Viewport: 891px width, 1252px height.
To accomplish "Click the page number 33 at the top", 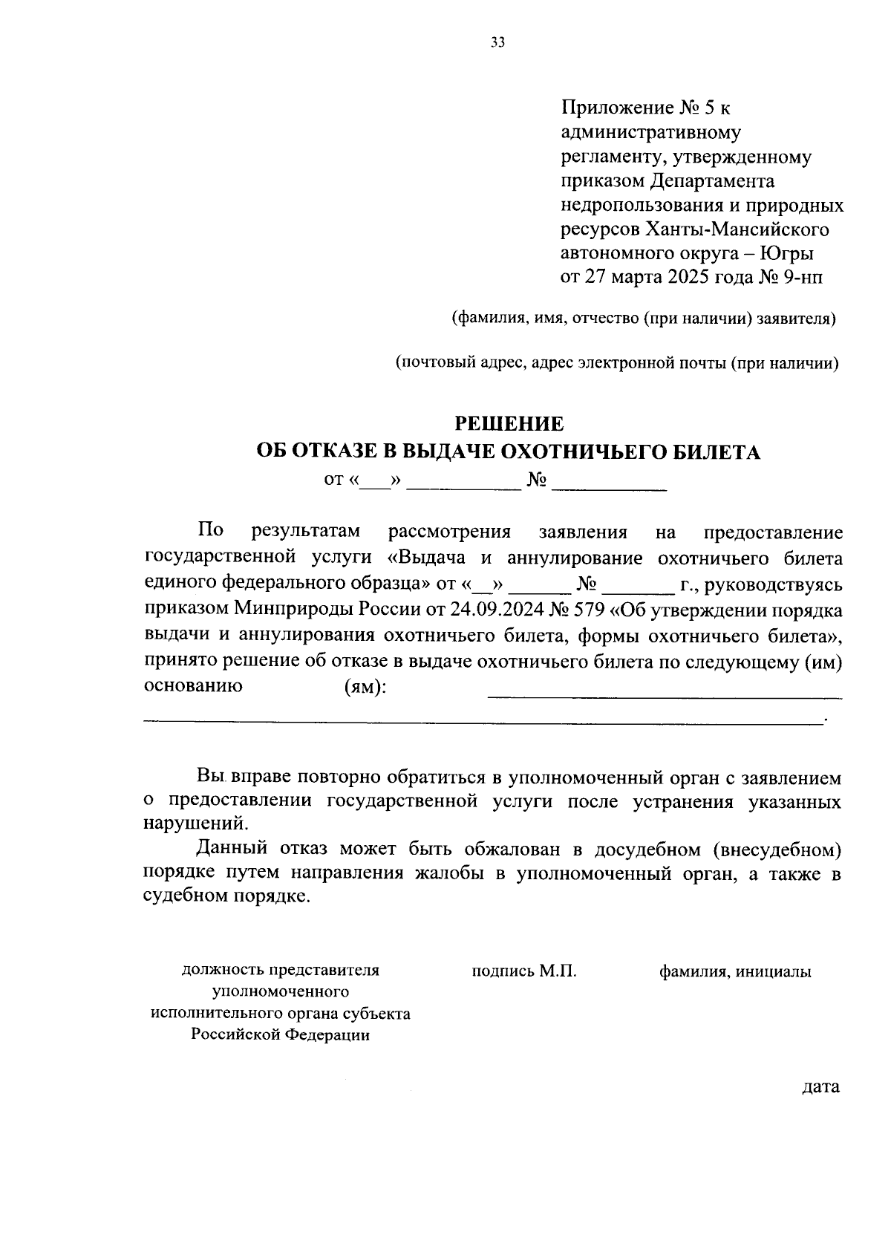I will point(497,43).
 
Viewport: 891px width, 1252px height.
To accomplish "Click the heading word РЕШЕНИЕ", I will point(509,424).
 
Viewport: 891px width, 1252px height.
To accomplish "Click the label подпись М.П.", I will point(524,971).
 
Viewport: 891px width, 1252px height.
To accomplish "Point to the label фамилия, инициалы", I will point(735,971).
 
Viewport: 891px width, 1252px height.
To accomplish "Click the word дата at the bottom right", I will point(820,1087).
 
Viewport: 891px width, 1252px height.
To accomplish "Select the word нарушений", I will point(192,824).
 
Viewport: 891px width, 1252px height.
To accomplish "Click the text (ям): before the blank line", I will point(365,687).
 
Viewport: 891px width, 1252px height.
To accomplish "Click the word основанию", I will point(193,686).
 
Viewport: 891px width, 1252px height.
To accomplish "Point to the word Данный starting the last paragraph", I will point(232,848).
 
